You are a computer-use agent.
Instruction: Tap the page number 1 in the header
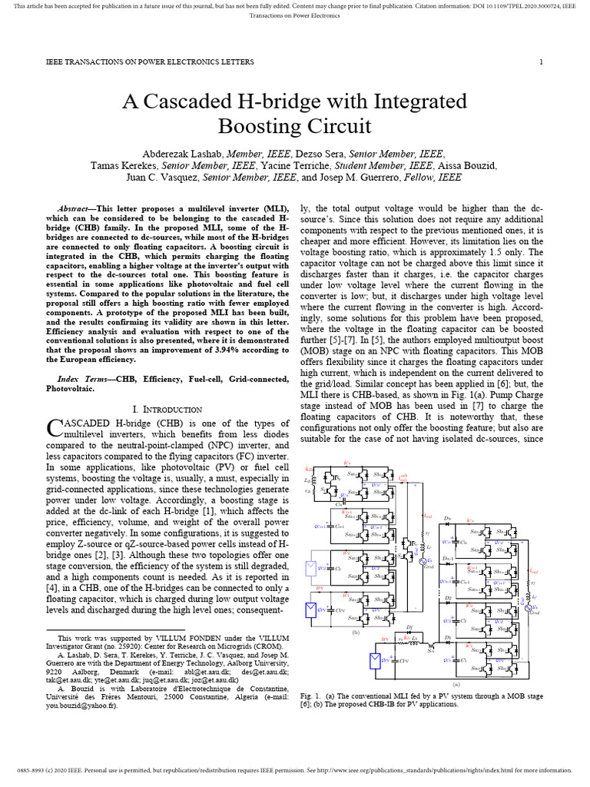tap(541, 62)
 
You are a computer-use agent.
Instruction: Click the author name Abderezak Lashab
tap(190, 153)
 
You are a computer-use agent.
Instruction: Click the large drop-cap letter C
tap(55, 427)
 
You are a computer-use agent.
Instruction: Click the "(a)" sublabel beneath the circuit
tap(456, 682)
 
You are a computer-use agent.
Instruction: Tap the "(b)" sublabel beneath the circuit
tap(356, 632)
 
